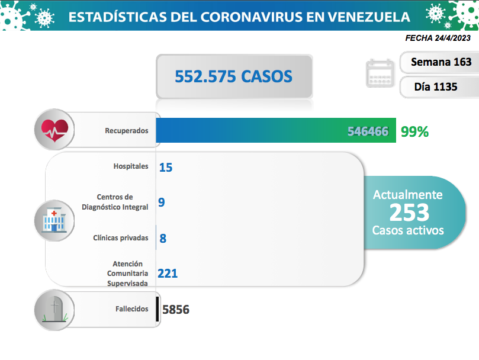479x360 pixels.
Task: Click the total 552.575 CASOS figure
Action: (233, 76)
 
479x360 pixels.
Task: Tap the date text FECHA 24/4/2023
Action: (438, 38)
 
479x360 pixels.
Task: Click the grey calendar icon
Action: (380, 73)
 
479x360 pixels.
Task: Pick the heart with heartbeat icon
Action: (54, 130)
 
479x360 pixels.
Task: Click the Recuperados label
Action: (126, 130)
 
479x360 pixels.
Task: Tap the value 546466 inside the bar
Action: (368, 131)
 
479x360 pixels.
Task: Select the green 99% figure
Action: (414, 131)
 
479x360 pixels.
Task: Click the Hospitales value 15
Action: (165, 168)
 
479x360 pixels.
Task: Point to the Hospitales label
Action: (131, 166)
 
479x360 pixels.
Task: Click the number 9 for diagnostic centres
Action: (161, 202)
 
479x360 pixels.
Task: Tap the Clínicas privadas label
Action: (121, 238)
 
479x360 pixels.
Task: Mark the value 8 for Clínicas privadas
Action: (163, 239)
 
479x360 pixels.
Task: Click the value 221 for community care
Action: (168, 273)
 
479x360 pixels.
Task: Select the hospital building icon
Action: (54, 221)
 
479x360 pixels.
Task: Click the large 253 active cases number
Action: (409, 211)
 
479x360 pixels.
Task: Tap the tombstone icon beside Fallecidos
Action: (54, 310)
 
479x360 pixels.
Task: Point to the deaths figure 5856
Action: (175, 310)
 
